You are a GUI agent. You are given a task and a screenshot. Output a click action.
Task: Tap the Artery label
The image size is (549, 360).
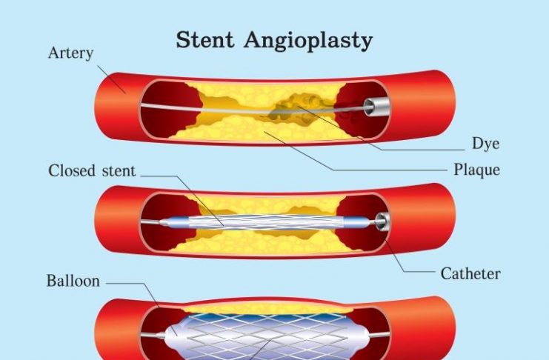pyautogui.click(x=70, y=53)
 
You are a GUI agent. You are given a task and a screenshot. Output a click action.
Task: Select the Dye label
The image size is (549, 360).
pyautogui.click(x=485, y=144)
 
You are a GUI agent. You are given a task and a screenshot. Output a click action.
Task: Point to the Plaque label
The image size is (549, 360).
pyautogui.click(x=476, y=170)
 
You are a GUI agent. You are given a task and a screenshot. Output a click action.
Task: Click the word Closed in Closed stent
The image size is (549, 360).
pyautogui.click(x=70, y=171)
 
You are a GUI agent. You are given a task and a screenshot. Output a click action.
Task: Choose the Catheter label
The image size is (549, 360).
pyautogui.click(x=470, y=274)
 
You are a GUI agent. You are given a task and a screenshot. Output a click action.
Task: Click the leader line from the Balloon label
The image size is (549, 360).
pyautogui.click(x=133, y=283)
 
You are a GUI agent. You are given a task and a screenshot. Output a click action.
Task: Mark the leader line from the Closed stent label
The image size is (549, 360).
pyautogui.click(x=178, y=178)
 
